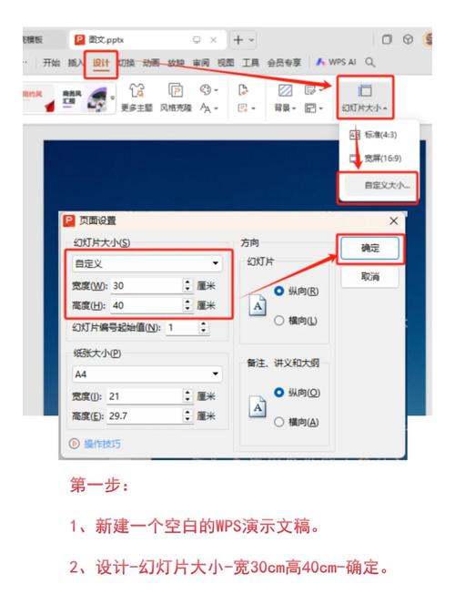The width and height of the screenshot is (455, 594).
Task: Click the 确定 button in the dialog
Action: (369, 247)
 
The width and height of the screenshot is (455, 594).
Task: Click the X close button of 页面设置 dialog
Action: (393, 220)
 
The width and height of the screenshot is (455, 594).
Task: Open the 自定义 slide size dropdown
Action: (147, 263)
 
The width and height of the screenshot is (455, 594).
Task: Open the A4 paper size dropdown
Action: (147, 374)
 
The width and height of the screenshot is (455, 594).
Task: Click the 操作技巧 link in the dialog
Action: (102, 444)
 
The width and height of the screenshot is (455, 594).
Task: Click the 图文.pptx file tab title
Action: (107, 40)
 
